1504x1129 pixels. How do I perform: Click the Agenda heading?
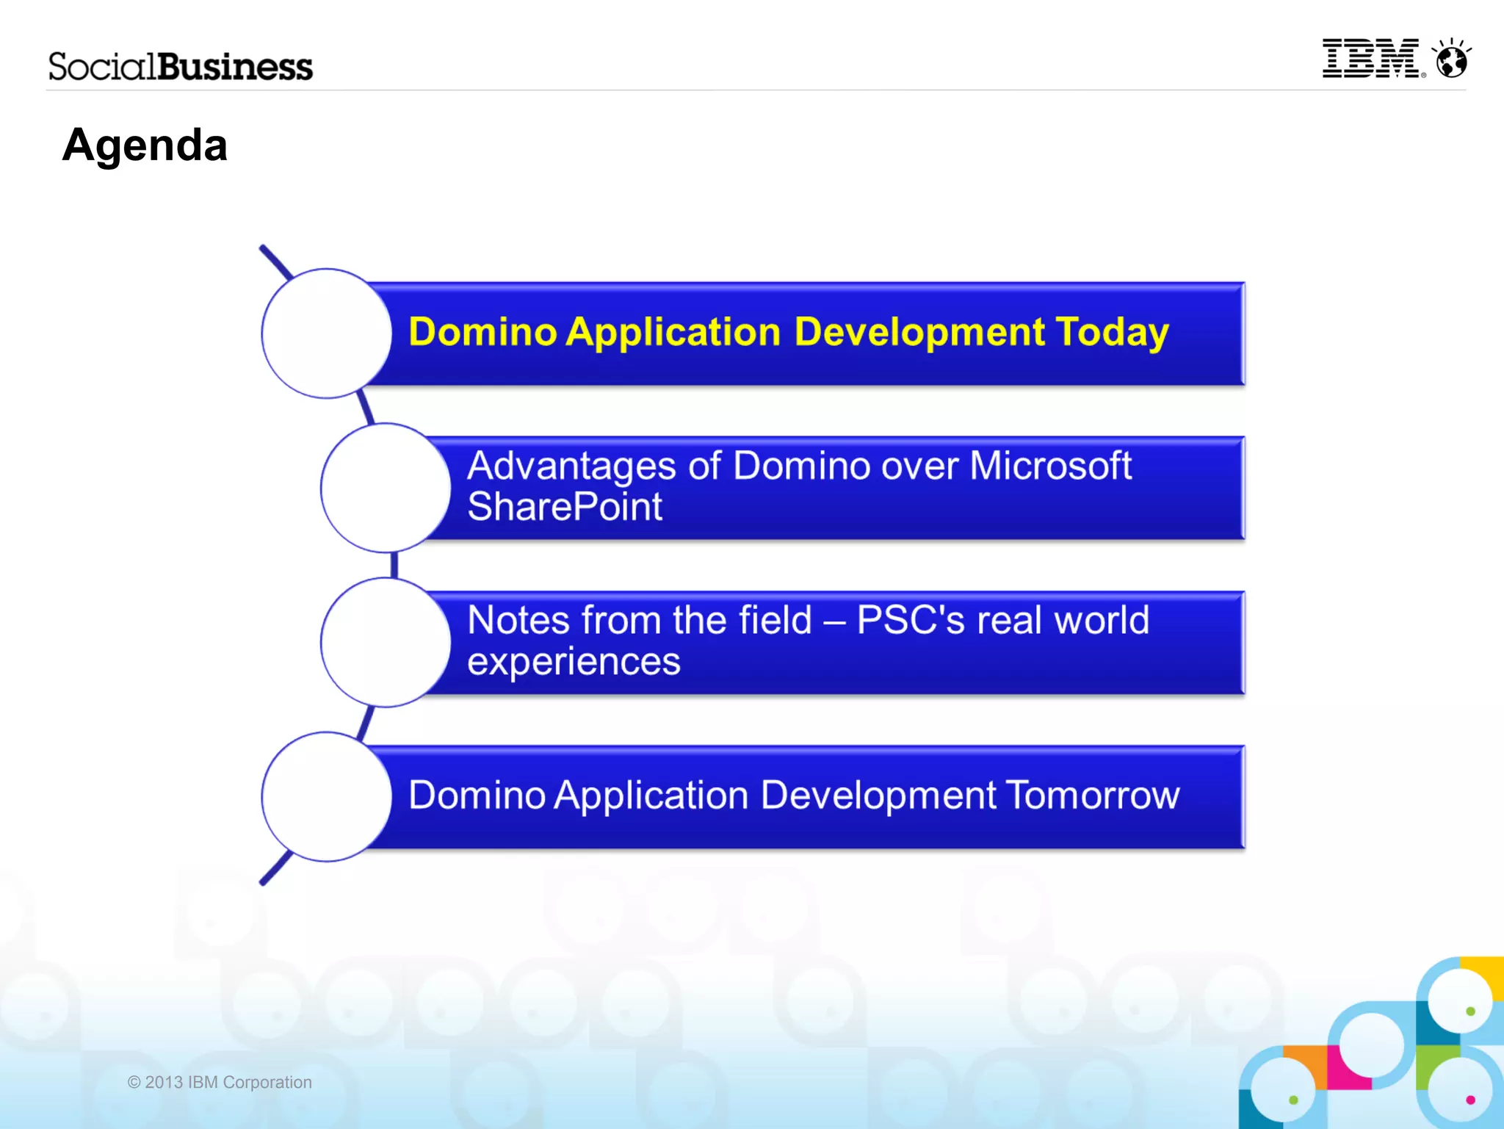click(145, 145)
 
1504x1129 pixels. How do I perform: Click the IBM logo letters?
click(1370, 59)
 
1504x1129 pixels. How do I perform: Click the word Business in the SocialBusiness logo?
click(235, 67)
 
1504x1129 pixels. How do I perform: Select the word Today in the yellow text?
click(1112, 333)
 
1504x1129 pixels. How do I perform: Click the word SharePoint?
click(565, 507)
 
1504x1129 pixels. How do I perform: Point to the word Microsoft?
click(1050, 466)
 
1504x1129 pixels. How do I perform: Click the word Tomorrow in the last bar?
click(1092, 796)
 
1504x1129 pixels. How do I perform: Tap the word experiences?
click(574, 661)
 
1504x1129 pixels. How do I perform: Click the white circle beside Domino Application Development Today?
click(326, 333)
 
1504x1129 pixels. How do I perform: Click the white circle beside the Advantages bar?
click(385, 488)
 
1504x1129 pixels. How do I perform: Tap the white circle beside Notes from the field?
click(385, 642)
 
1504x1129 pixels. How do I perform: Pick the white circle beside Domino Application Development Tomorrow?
click(326, 796)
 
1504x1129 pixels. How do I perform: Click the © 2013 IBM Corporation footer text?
click(220, 1082)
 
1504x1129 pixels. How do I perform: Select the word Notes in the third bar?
click(518, 620)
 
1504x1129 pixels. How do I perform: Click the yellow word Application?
click(673, 333)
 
